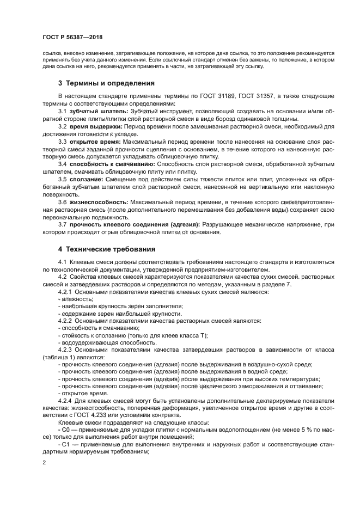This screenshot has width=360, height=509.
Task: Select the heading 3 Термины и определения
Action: [x=106, y=84]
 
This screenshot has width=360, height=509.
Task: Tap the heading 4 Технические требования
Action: [x=107, y=249]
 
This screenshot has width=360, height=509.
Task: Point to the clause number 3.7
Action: [x=63, y=224]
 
